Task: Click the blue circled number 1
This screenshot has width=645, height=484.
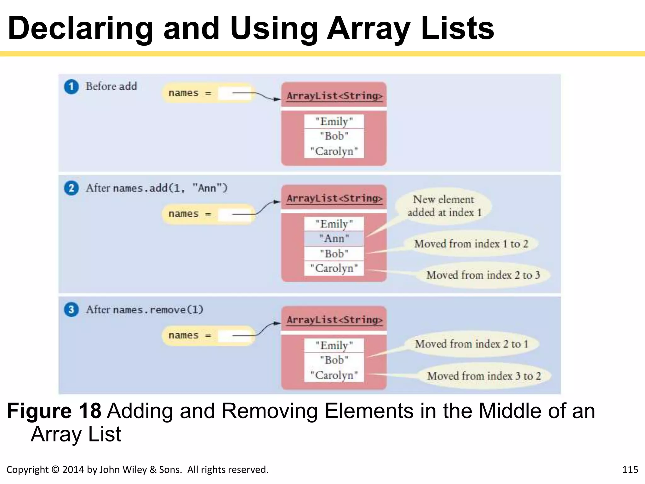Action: pyautogui.click(x=71, y=87)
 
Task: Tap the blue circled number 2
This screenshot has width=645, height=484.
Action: pyautogui.click(x=71, y=188)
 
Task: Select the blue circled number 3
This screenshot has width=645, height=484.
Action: pyautogui.click(x=71, y=310)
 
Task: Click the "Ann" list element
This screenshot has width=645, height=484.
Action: pyautogui.click(x=334, y=239)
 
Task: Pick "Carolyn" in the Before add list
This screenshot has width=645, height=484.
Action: pyautogui.click(x=334, y=151)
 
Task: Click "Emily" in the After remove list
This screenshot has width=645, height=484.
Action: pyautogui.click(x=334, y=345)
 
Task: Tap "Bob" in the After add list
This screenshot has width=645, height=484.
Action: pyautogui.click(x=334, y=253)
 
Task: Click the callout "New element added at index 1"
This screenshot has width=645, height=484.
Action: pyautogui.click(x=443, y=206)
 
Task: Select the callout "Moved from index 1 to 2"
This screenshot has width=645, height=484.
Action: pyautogui.click(x=471, y=244)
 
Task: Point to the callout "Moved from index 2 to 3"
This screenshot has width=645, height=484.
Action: pyautogui.click(x=483, y=275)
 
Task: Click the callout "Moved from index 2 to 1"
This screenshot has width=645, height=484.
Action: pyautogui.click(x=471, y=344)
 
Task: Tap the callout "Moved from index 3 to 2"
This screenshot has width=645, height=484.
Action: pyautogui.click(x=484, y=376)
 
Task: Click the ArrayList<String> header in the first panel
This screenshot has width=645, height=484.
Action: pyautogui.click(x=334, y=96)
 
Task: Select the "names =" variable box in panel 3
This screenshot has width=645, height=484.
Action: pyautogui.click(x=208, y=336)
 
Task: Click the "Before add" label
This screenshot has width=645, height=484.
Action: pyautogui.click(x=111, y=86)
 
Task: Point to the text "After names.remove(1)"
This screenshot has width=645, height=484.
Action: pyautogui.click(x=145, y=310)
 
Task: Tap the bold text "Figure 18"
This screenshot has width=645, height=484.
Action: pyautogui.click(x=54, y=411)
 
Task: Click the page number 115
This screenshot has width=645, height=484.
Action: pyautogui.click(x=630, y=470)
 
